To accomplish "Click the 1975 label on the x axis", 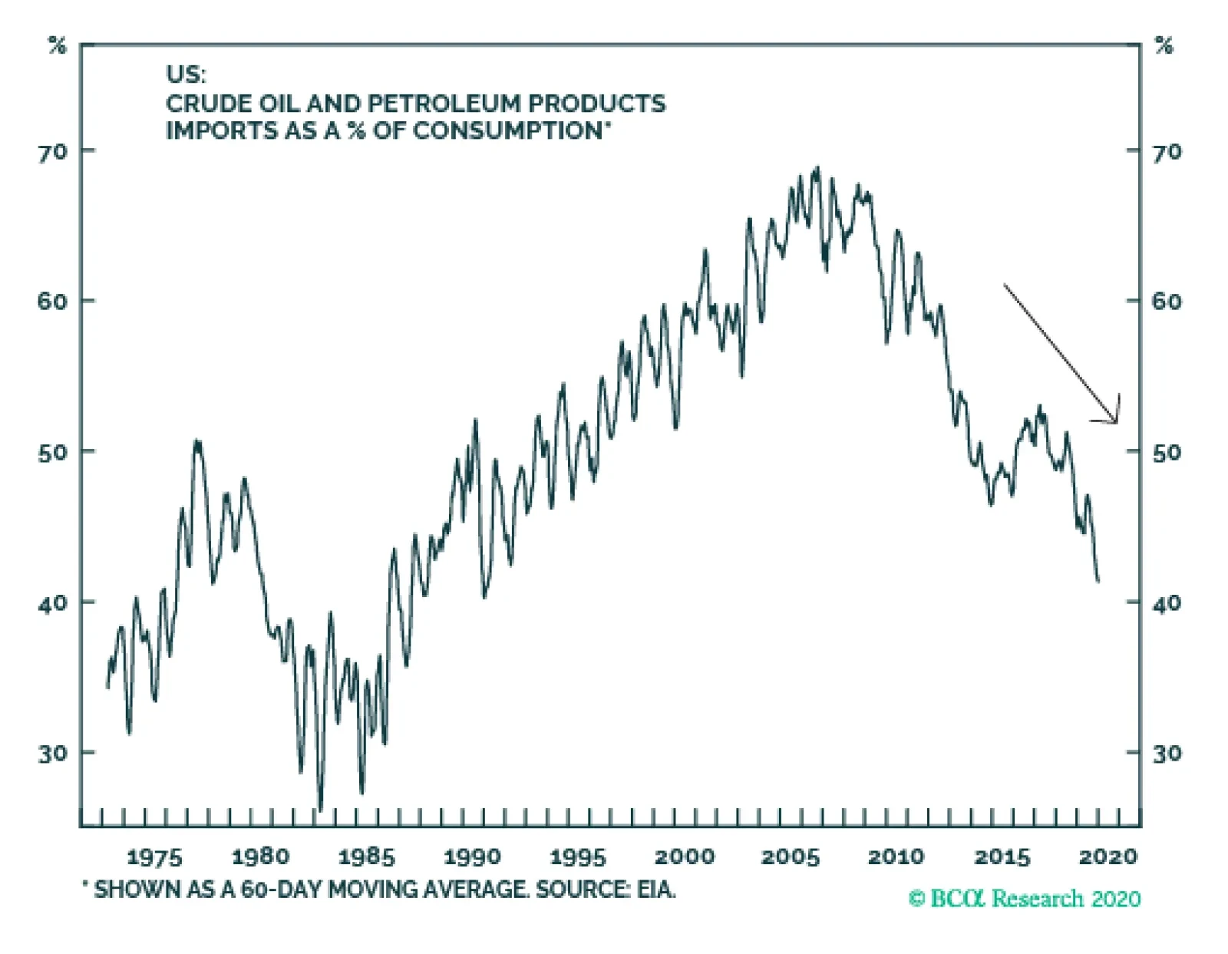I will pos(154,857).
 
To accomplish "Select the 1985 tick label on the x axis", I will pos(366,857).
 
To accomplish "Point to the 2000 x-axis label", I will pos(685,857).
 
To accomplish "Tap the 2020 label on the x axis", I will pos(1108,857).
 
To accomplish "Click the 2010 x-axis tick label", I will pos(896,857).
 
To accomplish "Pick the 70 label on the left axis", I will pos(53,151).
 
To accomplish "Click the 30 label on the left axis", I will pos(53,754).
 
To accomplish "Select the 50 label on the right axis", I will pos(1166,452).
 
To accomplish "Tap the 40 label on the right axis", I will pos(1166,603).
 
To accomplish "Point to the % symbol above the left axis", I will pos(58,46).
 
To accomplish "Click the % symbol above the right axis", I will pos(1164,46).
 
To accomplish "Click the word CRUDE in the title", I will pos(203,104).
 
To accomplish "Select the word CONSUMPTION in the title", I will pos(507,130).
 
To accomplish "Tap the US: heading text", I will pos(186,75).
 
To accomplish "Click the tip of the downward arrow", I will pos(1117,422).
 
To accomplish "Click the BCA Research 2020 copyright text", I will pos(1025,899).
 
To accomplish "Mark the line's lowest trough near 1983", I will pos(320,810).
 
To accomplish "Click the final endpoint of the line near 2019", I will pos(1098,581).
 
